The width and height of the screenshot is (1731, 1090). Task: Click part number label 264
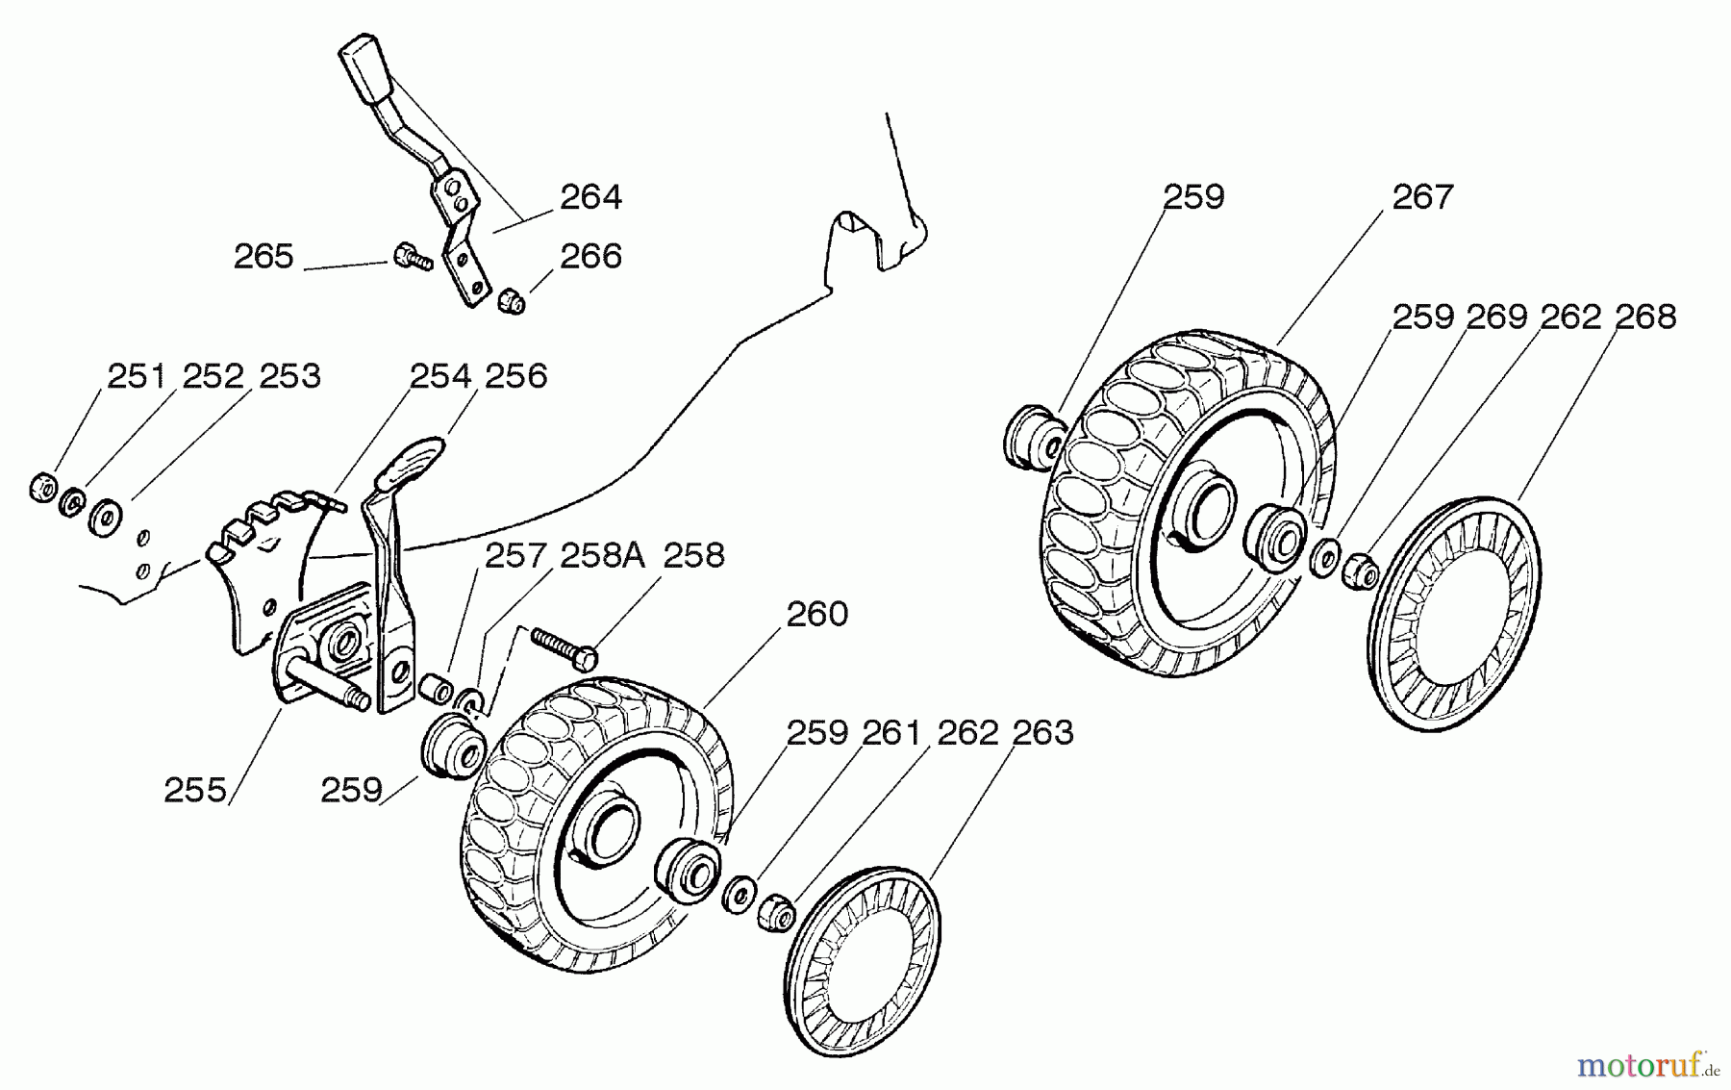point(591,197)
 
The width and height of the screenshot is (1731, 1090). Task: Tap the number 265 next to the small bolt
point(263,257)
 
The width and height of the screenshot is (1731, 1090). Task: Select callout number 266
point(591,256)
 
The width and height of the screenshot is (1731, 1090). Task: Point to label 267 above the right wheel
point(1422,197)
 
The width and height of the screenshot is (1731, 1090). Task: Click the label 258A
point(602,556)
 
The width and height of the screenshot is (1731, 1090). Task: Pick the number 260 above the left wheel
point(817,614)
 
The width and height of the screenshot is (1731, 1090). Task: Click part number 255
point(195,791)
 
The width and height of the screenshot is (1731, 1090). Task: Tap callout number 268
point(1645,317)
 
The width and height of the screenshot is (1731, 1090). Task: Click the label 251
point(138,376)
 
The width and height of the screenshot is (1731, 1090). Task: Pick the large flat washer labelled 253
point(103,517)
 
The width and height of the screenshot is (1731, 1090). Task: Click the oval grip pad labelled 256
point(412,460)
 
